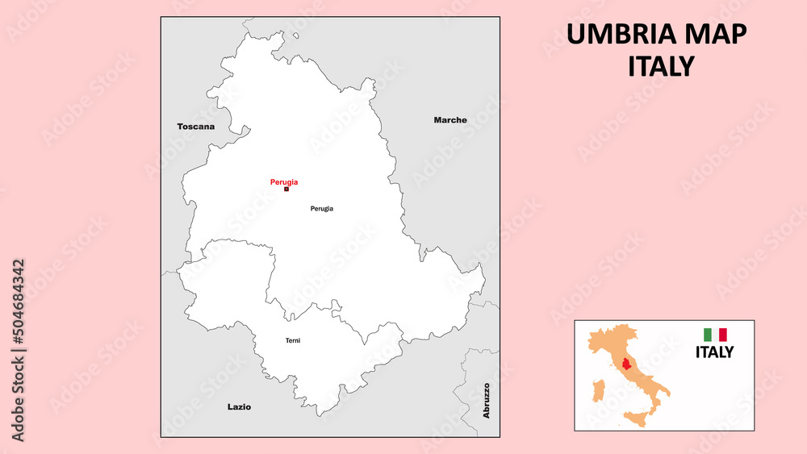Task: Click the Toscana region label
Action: (196, 127)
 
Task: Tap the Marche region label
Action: (450, 120)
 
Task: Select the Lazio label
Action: (239, 407)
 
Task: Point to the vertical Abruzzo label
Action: (487, 400)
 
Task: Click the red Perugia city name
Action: (284, 182)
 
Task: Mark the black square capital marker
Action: (286, 190)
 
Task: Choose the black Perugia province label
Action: (322, 209)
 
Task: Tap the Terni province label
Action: (293, 341)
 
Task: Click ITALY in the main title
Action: (661, 66)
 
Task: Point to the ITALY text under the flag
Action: (715, 352)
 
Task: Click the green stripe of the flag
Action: (707, 335)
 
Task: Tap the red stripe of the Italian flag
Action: (723, 335)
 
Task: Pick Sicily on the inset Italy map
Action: (636, 418)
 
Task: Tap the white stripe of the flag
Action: (715, 335)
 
